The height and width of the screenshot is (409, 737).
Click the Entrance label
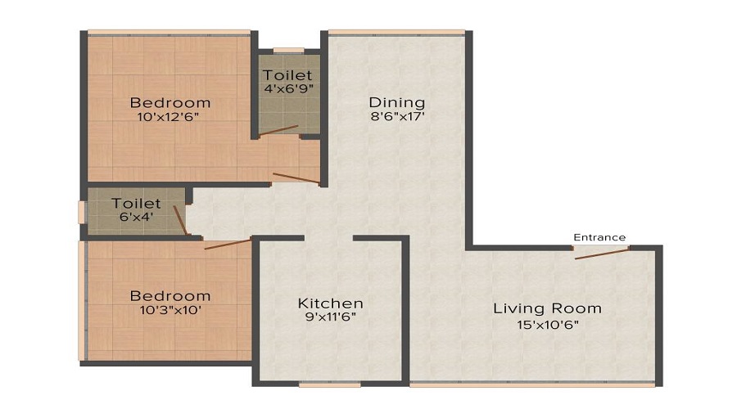click(x=599, y=237)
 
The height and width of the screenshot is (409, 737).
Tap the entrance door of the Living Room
click(x=602, y=252)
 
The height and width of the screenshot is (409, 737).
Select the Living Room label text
click(x=547, y=308)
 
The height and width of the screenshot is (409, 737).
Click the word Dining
click(x=397, y=102)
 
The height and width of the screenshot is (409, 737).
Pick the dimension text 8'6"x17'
click(x=397, y=117)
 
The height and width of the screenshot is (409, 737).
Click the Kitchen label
click(x=330, y=303)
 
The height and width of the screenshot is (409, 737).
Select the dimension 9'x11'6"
click(x=330, y=317)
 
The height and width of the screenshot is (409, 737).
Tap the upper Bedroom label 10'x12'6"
click(x=170, y=103)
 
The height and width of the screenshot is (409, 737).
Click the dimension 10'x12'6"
click(x=170, y=118)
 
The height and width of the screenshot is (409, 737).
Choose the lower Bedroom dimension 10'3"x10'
click(x=170, y=311)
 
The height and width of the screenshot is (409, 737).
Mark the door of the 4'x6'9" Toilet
click(x=280, y=130)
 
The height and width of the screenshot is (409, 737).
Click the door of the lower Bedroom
click(x=228, y=243)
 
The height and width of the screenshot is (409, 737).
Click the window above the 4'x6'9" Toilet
click(x=288, y=51)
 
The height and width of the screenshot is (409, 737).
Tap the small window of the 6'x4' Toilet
click(x=81, y=211)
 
